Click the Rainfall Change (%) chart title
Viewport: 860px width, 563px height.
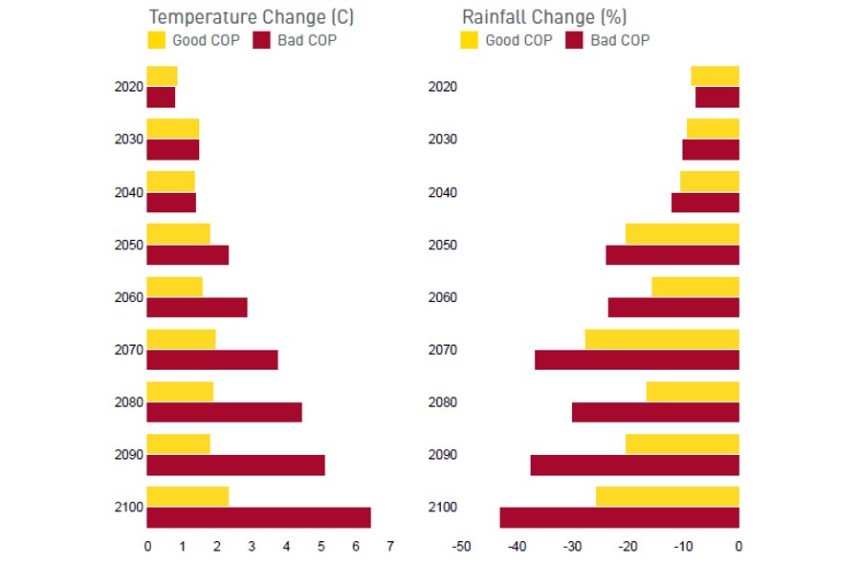point(544,16)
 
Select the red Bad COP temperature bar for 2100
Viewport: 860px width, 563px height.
point(258,517)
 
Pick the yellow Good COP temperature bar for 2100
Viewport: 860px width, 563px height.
point(187,496)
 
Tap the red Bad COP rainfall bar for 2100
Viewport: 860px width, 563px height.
point(619,517)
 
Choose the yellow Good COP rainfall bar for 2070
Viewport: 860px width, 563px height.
point(662,338)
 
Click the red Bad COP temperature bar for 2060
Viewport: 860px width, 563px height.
point(197,307)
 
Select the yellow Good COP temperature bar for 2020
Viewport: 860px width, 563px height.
point(162,76)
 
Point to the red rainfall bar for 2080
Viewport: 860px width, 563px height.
point(655,412)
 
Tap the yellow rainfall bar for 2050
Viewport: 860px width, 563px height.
point(682,233)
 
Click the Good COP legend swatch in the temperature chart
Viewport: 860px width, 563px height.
point(156,40)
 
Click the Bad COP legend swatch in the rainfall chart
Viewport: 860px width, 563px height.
point(575,40)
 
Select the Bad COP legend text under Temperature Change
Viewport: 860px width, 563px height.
point(307,40)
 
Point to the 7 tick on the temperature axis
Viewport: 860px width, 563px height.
point(390,547)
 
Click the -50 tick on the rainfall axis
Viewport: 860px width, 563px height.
point(462,547)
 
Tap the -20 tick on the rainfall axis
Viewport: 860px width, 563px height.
point(628,547)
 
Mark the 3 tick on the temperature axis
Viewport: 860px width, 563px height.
point(252,547)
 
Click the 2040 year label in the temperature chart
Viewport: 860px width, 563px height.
point(128,192)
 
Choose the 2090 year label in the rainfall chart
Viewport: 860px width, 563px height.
point(442,455)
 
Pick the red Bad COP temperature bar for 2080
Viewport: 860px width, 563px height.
point(224,412)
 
